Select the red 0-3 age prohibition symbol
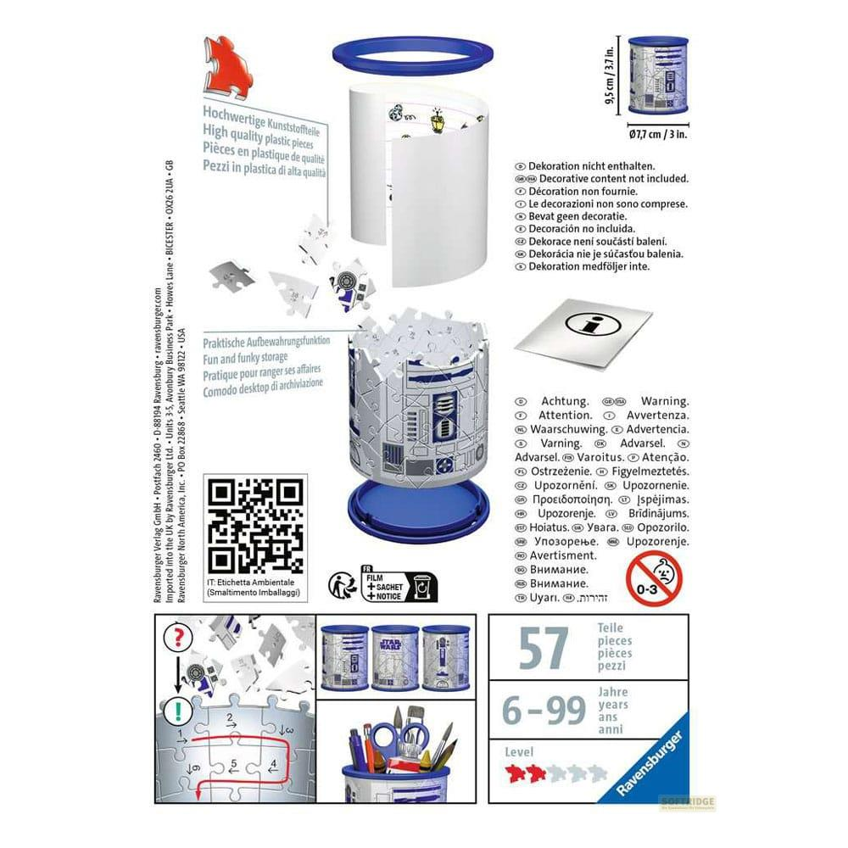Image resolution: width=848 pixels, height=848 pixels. point(654,577)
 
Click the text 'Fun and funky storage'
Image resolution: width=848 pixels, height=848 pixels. point(246,357)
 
